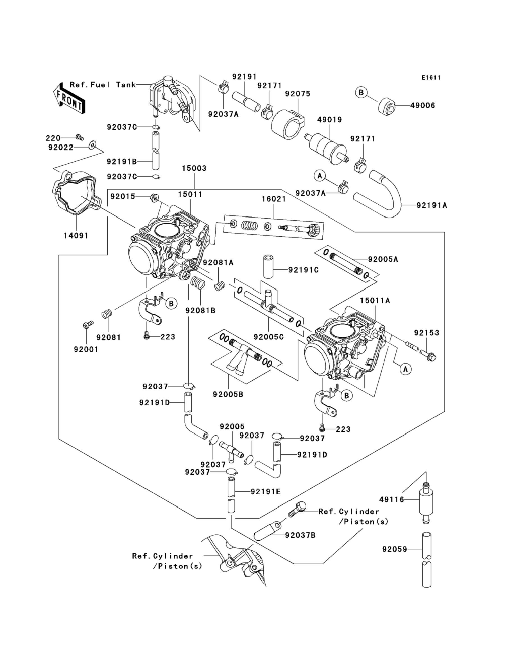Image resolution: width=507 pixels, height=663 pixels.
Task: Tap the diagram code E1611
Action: click(431, 78)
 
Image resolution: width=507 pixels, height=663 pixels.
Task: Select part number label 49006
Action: click(422, 106)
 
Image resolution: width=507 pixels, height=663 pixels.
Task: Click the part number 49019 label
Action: click(330, 120)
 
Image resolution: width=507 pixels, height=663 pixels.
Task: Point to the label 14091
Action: click(76, 236)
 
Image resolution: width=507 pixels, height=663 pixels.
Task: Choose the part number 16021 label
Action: click(274, 199)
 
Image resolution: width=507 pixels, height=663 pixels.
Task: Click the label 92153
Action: click(426, 333)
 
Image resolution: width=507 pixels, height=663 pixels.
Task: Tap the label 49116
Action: click(391, 499)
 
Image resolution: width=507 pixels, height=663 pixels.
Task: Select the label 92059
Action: click(394, 549)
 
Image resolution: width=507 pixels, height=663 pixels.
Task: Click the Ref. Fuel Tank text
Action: click(103, 85)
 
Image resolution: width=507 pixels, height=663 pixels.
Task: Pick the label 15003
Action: click(194, 168)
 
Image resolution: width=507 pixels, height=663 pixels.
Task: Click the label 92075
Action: click(298, 94)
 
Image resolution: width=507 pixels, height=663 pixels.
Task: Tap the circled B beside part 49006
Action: click(361, 92)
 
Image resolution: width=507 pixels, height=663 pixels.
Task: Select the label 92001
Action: click(86, 349)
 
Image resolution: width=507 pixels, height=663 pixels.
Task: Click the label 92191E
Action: click(266, 491)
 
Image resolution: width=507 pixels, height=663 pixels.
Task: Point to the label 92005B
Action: click(228, 394)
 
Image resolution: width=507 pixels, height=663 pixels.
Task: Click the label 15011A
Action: click(375, 300)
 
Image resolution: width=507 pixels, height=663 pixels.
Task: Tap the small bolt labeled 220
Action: click(80, 138)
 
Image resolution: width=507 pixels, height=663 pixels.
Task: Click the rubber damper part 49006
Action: click(387, 106)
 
